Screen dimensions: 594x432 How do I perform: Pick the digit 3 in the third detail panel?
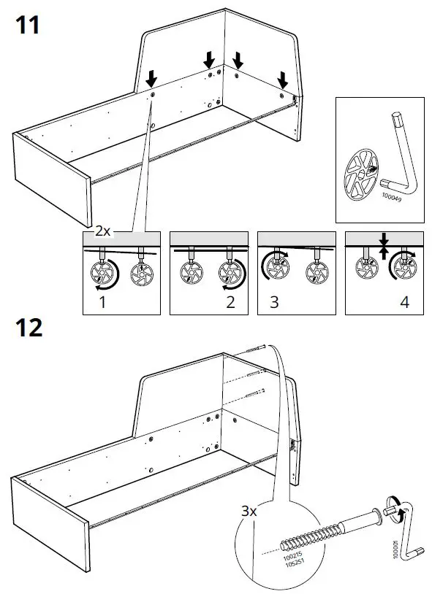273,301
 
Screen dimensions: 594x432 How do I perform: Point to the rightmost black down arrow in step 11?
283,78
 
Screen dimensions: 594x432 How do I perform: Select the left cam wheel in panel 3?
278,270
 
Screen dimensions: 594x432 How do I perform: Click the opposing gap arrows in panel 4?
383,247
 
